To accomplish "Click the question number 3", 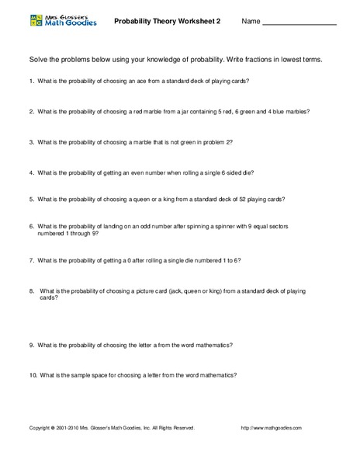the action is coord(31,142).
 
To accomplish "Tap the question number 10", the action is coord(33,374).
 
